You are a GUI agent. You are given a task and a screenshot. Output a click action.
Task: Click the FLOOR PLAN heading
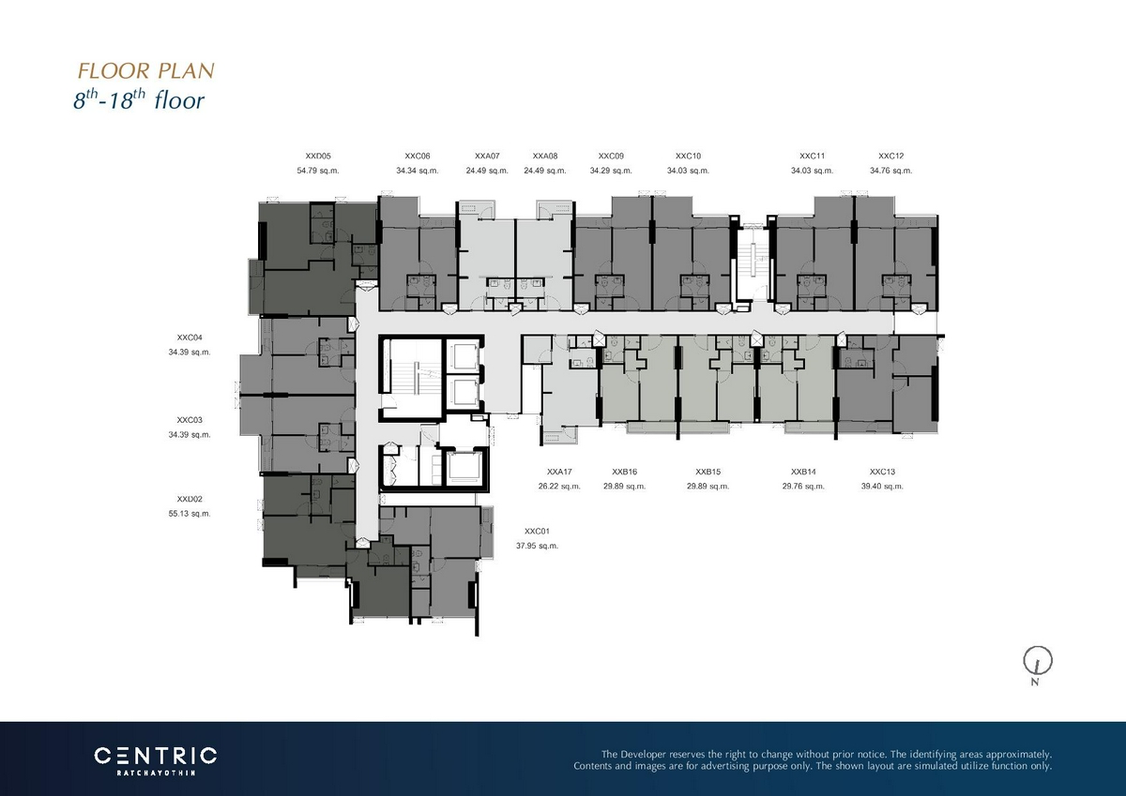coord(146,71)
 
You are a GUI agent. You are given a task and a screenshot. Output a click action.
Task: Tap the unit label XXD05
coord(318,157)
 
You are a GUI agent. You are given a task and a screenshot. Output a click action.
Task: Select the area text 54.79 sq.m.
coord(318,171)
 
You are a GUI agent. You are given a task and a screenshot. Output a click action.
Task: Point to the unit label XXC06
coord(418,157)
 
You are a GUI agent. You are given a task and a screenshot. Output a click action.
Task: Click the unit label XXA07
coord(487,157)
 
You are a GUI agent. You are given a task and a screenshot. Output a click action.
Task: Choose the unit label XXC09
coord(611,157)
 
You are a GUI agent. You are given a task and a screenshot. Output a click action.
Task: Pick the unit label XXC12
coord(890,157)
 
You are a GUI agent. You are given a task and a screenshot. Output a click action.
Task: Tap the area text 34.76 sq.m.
coord(890,171)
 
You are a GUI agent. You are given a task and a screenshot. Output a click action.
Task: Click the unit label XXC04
coord(190,338)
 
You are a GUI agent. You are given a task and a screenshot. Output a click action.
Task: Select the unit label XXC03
coord(190,420)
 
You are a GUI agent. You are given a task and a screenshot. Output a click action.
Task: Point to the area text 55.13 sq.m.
coord(190,514)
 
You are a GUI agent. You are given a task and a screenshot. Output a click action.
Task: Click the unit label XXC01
coord(538,531)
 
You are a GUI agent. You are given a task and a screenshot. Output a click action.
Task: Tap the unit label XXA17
coord(559,472)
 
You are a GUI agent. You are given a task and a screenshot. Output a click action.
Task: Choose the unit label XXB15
coord(708,472)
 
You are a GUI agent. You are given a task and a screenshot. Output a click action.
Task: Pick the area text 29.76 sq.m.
coord(803,487)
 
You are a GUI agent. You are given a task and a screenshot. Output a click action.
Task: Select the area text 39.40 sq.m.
coord(882,487)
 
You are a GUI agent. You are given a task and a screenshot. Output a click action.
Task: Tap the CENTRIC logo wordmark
coord(156,756)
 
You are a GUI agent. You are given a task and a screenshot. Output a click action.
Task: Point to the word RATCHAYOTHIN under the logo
coord(156,773)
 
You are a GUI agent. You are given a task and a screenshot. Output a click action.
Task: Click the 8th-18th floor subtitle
coord(139,99)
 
